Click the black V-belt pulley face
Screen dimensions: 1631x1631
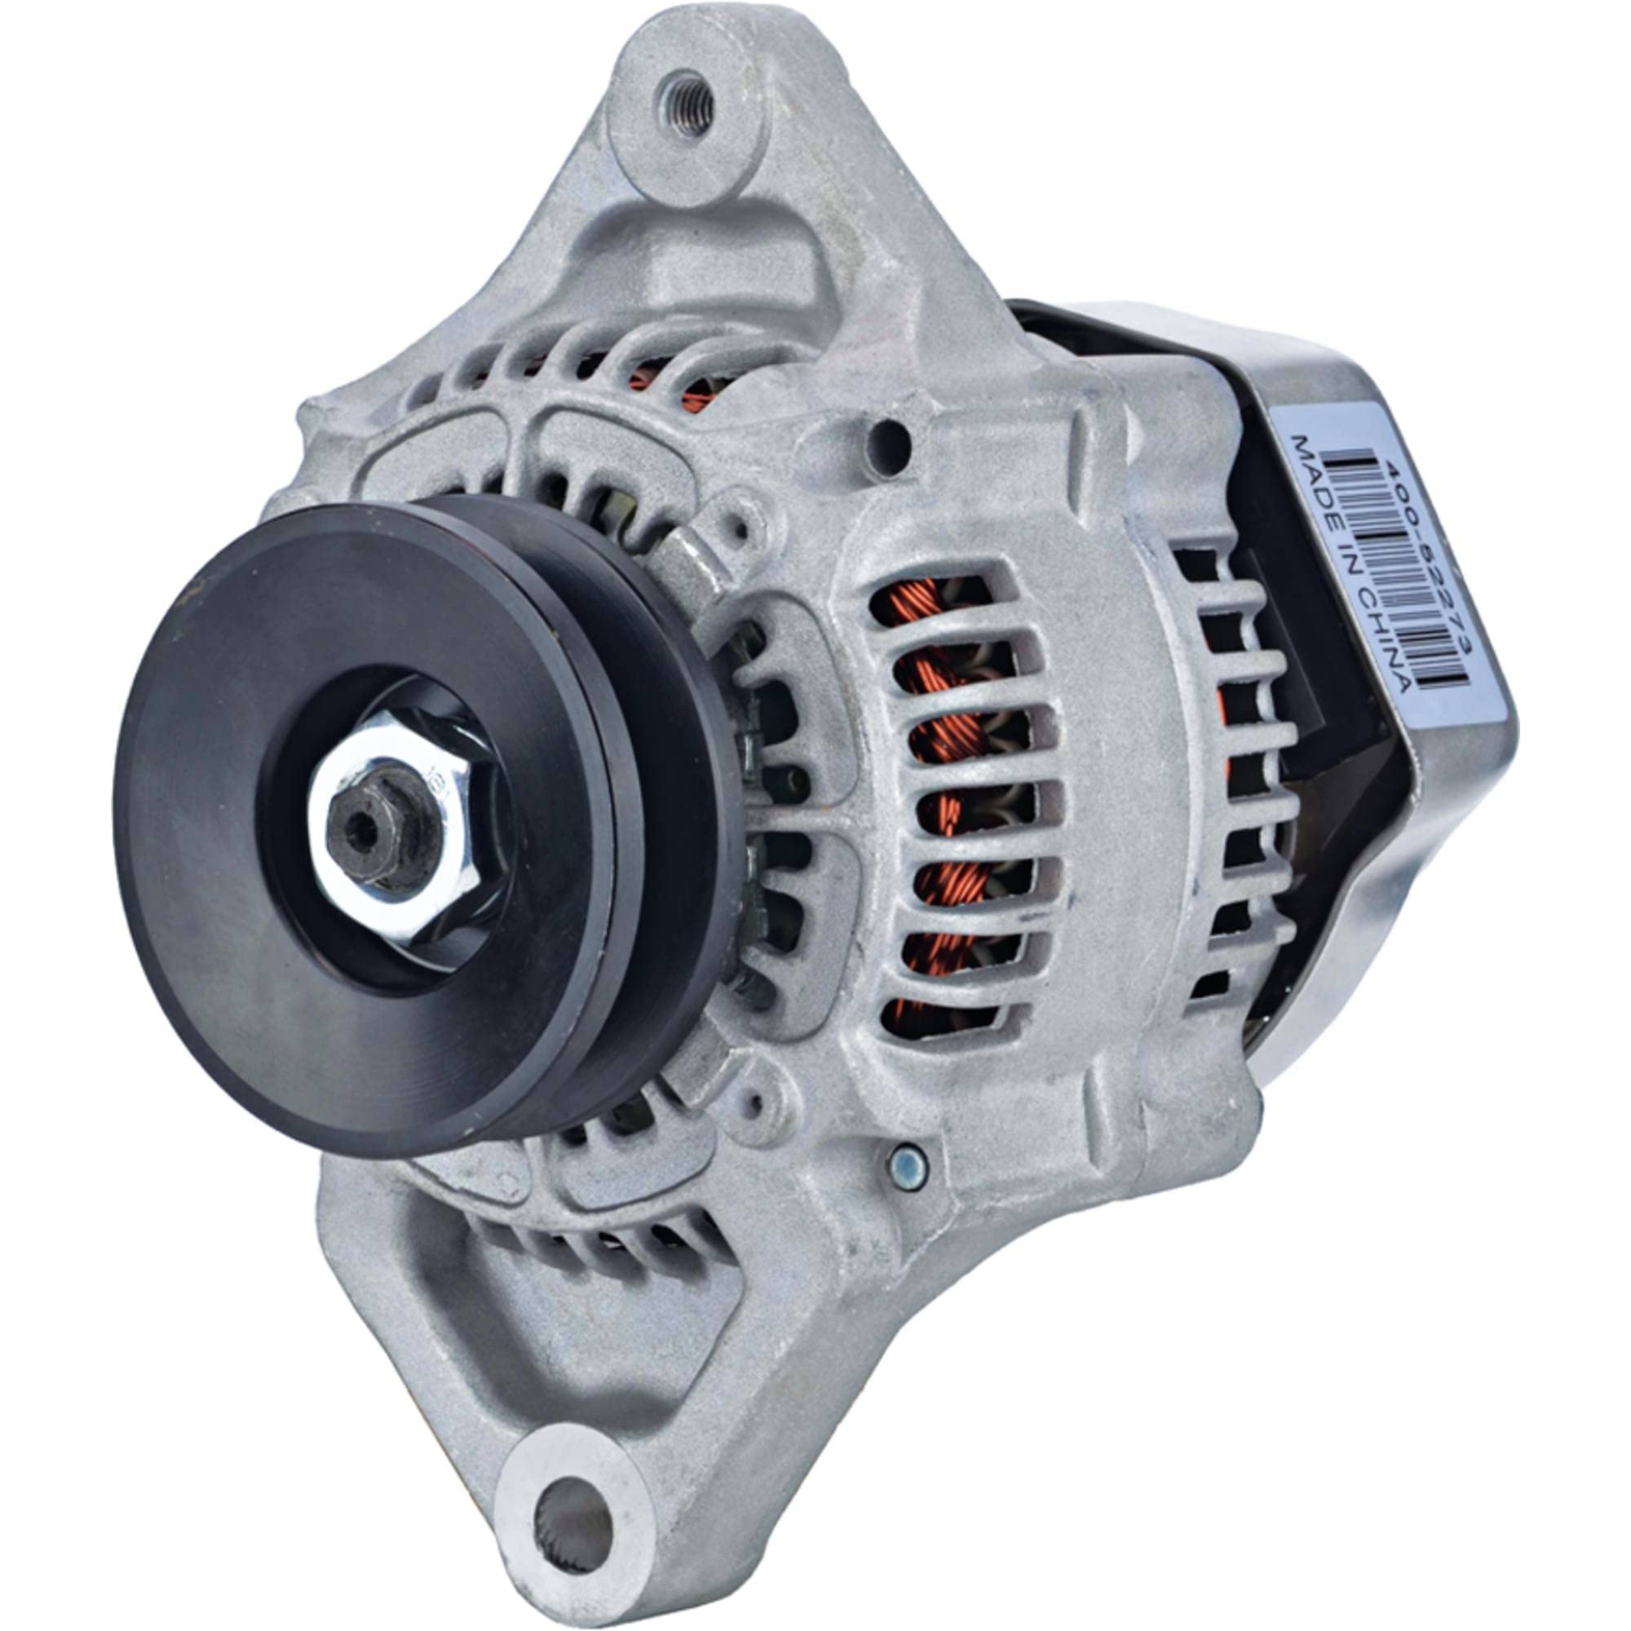(254, 929)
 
